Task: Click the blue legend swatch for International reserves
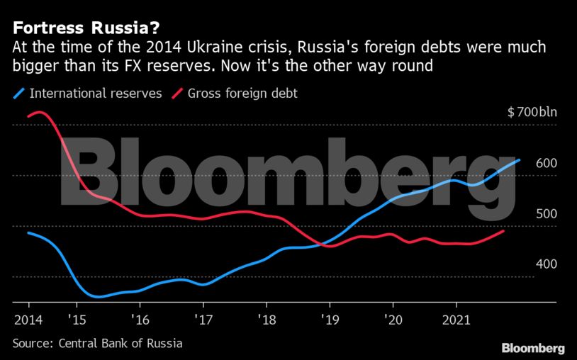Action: (x=19, y=93)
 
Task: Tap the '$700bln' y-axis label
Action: (x=532, y=112)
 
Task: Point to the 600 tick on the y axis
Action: (x=546, y=163)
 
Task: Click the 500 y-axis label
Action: (x=546, y=214)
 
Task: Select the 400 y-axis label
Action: (x=546, y=264)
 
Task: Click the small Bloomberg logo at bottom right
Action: (x=532, y=348)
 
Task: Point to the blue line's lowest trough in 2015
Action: (x=97, y=296)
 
